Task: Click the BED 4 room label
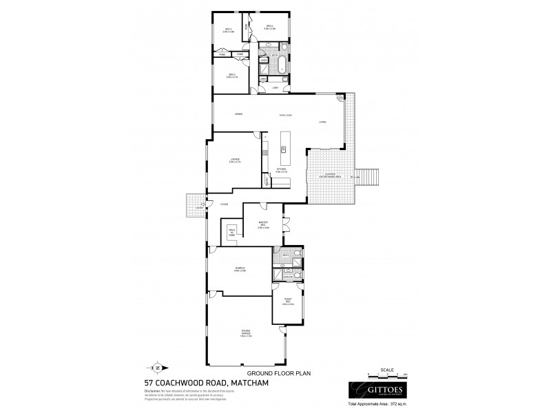pyautogui.click(x=271, y=28)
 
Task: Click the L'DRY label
pyautogui.click(x=275, y=87)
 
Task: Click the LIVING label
pyautogui.click(x=322, y=123)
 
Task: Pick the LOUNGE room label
pyautogui.click(x=234, y=162)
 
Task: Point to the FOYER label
pyautogui.click(x=224, y=204)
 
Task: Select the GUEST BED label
pyautogui.click(x=288, y=302)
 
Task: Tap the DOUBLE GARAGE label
pyautogui.click(x=246, y=333)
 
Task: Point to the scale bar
pyautogui.click(x=387, y=375)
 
